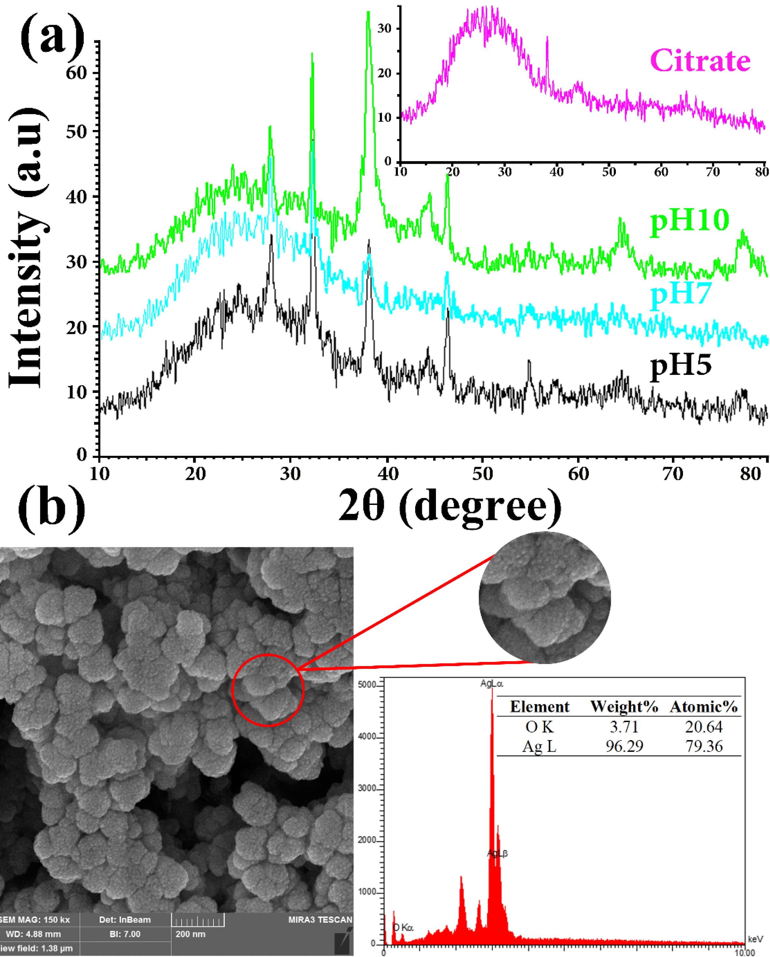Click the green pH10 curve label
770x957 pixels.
[x=689, y=222]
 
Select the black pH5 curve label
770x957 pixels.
[x=681, y=367]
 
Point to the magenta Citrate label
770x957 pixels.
[x=700, y=61]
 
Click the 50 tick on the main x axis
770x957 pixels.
[x=482, y=474]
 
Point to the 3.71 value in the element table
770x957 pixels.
[x=624, y=727]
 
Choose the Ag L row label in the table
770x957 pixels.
[x=539, y=747]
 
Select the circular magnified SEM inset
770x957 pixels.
[x=545, y=597]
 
